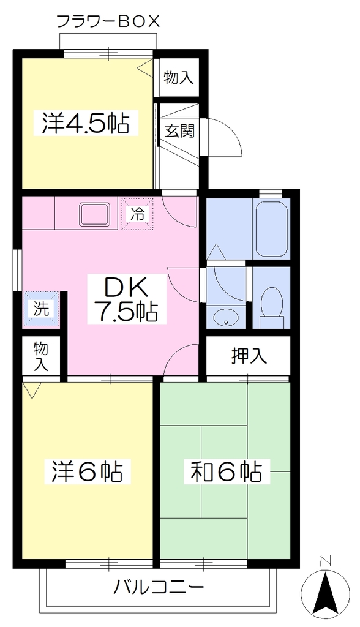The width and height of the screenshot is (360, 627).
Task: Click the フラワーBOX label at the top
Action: (x=108, y=20)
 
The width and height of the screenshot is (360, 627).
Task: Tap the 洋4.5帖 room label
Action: (x=86, y=124)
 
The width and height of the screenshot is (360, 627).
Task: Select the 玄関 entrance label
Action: (x=180, y=130)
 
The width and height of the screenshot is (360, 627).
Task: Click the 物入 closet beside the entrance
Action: (x=179, y=78)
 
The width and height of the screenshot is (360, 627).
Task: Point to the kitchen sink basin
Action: (x=95, y=214)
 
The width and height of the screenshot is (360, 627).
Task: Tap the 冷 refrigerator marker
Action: (x=138, y=214)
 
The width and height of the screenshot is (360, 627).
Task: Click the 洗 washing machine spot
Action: (x=42, y=309)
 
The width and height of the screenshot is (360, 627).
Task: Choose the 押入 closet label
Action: (x=249, y=356)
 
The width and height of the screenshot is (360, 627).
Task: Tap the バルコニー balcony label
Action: (x=159, y=588)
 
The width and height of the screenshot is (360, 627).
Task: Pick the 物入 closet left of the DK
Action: (x=41, y=356)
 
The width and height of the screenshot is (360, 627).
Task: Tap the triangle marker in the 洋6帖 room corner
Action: (x=32, y=391)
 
